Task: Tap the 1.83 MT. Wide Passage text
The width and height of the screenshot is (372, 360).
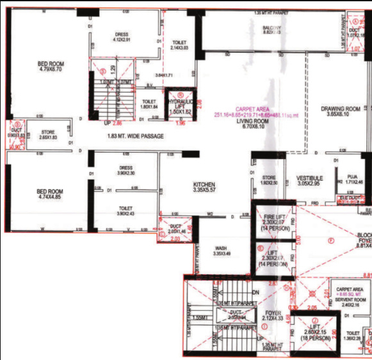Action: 135,136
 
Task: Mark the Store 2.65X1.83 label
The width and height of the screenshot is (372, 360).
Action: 49,134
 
